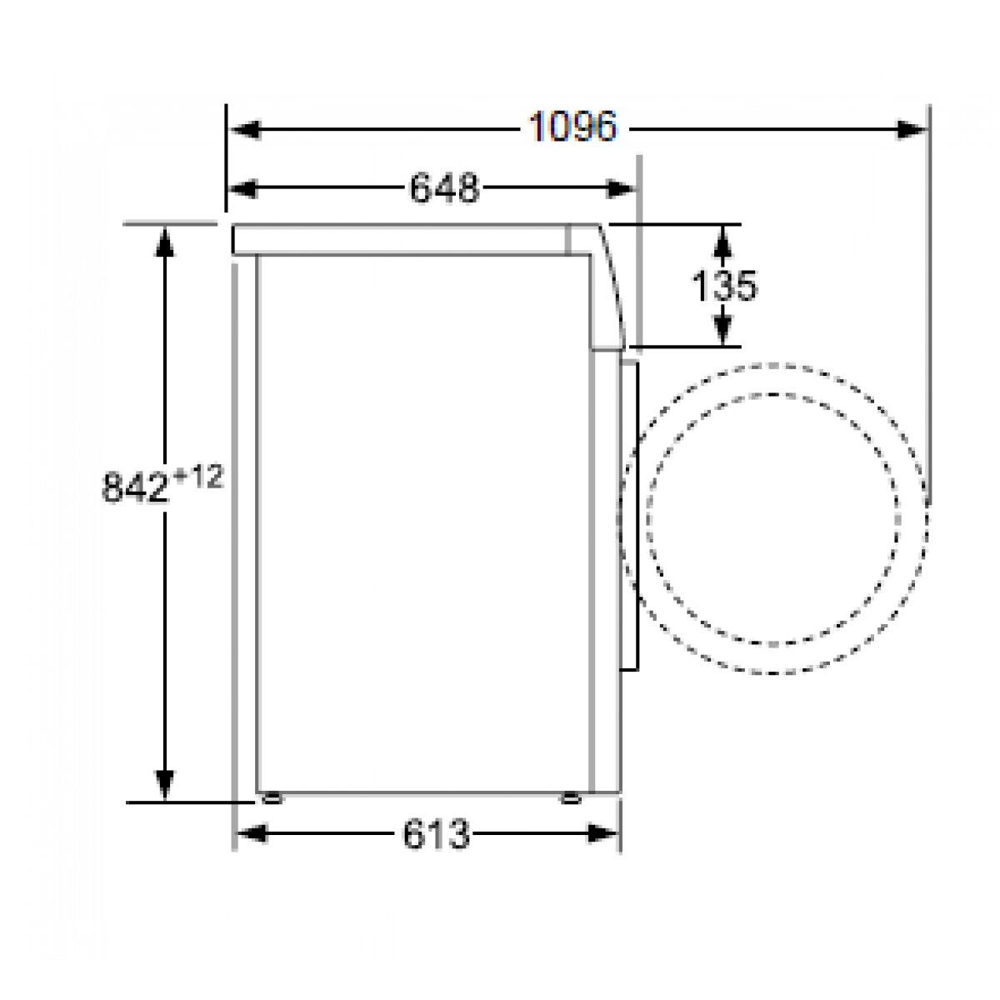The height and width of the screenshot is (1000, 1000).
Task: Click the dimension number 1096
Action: (x=572, y=127)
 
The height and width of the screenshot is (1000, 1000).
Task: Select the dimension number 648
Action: (x=445, y=188)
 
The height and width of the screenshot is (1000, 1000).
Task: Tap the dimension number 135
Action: (x=724, y=285)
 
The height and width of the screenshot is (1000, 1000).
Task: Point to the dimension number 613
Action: (x=436, y=834)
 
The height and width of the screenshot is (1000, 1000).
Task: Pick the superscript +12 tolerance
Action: (x=197, y=477)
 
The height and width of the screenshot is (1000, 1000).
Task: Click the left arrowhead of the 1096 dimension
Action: (x=245, y=129)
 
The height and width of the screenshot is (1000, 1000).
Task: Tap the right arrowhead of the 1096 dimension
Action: (x=911, y=129)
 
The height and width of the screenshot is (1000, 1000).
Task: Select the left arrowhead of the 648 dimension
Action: (x=242, y=189)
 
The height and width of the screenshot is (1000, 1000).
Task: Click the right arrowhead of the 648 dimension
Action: (x=620, y=189)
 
